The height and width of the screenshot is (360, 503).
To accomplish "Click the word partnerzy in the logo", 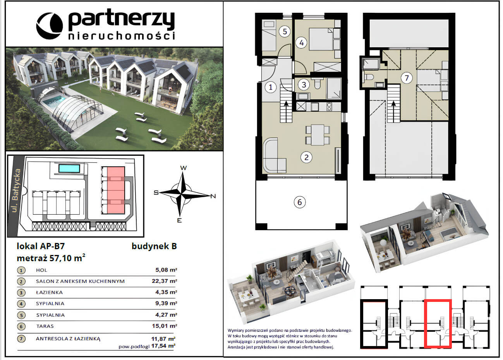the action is [121, 19].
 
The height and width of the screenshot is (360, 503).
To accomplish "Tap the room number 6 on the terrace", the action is [300, 202].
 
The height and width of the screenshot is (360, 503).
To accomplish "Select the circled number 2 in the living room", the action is [306, 157].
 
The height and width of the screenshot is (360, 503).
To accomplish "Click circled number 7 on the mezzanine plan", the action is [407, 78].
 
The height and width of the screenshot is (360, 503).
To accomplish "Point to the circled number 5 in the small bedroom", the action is [285, 31].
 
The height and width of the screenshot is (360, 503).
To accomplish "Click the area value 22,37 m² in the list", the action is [164, 281].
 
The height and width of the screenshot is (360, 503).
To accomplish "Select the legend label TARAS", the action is [45, 326].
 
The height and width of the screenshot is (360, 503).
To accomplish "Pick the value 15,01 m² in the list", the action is [164, 326].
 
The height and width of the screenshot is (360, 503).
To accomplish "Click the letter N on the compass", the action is [213, 196].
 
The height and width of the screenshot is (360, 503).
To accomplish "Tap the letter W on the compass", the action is [184, 168].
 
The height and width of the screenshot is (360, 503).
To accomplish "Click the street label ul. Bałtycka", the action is [16, 190].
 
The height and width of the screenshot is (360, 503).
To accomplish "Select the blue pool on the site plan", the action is [69, 168].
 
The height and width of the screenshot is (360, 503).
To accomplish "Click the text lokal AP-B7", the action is [41, 246].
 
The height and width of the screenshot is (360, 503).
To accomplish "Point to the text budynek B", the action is [154, 246].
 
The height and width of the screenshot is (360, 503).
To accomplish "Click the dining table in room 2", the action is [318, 135].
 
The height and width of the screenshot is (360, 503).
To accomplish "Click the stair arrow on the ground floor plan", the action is [286, 112].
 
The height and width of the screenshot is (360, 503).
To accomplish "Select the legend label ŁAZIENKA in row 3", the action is [49, 292].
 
